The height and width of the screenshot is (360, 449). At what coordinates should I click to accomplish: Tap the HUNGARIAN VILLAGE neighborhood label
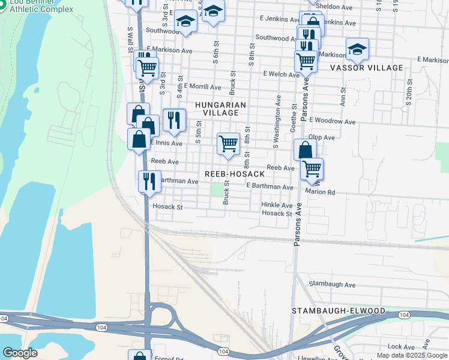pos(221,109)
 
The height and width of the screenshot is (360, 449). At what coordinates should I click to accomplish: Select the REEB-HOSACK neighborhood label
pos(235,173)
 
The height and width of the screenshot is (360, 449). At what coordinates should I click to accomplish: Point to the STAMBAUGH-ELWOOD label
pos(339,311)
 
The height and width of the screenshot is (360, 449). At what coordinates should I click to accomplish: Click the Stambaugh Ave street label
pos(332,284)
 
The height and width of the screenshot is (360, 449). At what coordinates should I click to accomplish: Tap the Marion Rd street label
pos(319,192)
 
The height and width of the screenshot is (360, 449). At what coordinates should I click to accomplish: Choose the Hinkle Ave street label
pos(277,205)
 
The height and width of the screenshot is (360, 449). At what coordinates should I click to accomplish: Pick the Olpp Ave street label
pos(322,137)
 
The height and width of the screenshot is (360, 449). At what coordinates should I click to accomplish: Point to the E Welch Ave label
pos(281,74)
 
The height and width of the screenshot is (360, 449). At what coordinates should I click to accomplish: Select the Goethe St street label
pos(294,121)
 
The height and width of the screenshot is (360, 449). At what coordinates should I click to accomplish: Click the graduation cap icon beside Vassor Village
pos(357,50)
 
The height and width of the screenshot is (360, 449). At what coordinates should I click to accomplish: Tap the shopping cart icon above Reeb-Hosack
pos(228,144)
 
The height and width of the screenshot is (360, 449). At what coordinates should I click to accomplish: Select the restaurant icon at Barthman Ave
pos(149,181)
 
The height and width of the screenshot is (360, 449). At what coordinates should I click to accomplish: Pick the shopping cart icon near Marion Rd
pos(312,169)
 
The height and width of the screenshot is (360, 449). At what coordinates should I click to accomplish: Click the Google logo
pos(20,353)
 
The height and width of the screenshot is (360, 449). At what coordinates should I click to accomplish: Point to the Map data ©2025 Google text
pos(412,355)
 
